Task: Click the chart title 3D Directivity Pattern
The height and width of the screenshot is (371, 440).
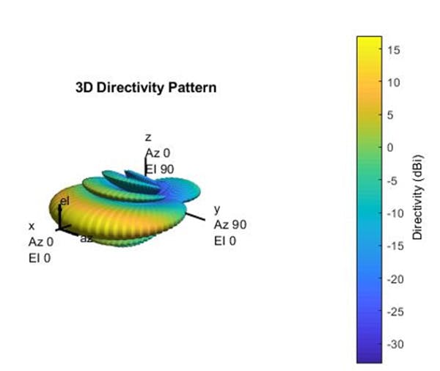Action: coord(146,87)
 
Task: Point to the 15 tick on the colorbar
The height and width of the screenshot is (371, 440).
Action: coord(392,49)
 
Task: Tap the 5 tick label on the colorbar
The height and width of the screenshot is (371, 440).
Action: coord(389,114)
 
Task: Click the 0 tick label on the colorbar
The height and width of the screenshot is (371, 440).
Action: coord(389,147)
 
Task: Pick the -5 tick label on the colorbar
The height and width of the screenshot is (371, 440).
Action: coord(391,180)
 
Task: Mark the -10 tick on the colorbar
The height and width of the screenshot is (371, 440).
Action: coord(393,213)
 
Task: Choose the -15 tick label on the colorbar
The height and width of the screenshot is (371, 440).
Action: coord(393,246)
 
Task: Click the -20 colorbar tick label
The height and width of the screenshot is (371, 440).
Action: coord(393,279)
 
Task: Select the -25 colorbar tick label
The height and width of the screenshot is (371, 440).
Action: coord(393,312)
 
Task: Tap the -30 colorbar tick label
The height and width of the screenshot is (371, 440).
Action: coord(393,345)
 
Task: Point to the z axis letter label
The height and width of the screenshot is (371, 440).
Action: coord(147,138)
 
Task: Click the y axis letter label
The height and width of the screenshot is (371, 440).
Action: coord(216,210)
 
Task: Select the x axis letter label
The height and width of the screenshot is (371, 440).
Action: coord(31,227)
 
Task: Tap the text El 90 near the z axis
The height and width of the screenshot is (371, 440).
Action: coord(158,168)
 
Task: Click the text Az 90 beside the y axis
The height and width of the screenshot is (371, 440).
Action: coord(230,224)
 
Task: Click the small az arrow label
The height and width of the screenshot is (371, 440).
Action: coord(86,239)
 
